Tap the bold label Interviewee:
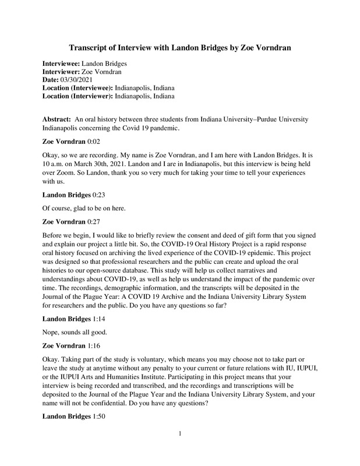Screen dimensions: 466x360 [61, 62]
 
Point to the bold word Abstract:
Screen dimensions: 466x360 [57, 118]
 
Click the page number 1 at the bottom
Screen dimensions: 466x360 [181, 449]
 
